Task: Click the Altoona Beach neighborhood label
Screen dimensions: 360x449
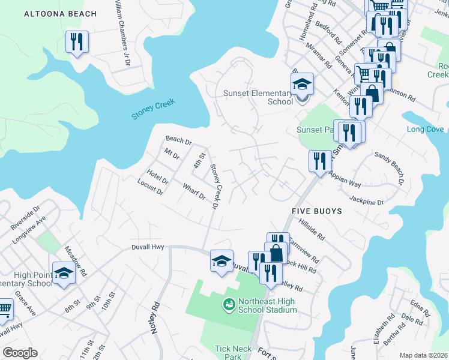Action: point(60,14)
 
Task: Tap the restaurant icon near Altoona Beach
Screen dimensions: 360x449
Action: point(77,42)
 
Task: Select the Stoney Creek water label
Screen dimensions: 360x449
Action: point(153,107)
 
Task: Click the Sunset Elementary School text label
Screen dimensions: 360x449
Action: point(258,97)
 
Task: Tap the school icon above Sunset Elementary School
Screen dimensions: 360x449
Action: point(302,84)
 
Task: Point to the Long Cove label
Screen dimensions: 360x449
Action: point(425,129)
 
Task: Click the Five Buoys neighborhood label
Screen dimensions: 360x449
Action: point(316,211)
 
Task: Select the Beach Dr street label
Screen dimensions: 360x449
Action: point(178,142)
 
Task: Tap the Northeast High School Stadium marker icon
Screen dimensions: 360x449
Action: point(229,305)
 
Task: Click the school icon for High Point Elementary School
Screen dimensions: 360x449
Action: point(63,273)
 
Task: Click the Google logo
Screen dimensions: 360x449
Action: point(20,353)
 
